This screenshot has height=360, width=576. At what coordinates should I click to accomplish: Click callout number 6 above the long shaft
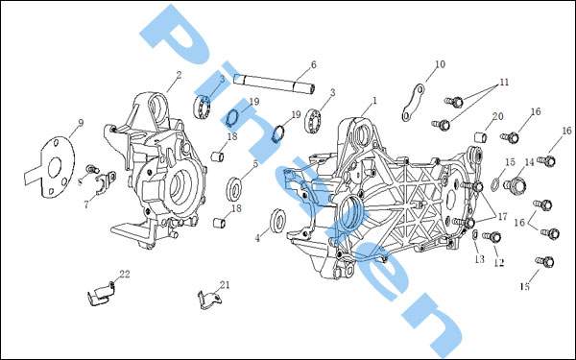[313, 64]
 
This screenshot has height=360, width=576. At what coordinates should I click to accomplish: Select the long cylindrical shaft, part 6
[276, 83]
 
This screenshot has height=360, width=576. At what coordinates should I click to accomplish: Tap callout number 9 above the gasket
[81, 123]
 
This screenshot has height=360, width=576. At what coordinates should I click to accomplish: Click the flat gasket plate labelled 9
[52, 167]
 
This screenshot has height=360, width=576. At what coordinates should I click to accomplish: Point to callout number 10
[440, 64]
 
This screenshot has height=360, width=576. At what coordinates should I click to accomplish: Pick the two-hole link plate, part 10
[413, 103]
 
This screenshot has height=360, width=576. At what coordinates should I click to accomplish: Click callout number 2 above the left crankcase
[179, 75]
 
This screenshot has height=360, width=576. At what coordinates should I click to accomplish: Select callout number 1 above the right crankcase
[374, 100]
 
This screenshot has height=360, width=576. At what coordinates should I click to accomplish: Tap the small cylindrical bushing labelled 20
[481, 136]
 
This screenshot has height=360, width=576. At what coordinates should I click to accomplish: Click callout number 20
[497, 116]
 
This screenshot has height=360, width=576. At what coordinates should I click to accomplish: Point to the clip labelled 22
[101, 295]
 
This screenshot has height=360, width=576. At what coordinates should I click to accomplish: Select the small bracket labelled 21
[210, 300]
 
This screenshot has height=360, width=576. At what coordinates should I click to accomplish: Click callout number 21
[225, 285]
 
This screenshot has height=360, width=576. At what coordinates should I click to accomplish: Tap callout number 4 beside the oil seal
[257, 238]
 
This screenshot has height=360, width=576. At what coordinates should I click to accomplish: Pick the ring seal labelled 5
[234, 188]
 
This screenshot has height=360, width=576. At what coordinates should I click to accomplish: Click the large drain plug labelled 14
[515, 185]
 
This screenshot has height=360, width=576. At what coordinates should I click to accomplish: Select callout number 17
[502, 216]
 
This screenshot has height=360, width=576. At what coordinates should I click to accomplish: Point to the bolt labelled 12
[492, 237]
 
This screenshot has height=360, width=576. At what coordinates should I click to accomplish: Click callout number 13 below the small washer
[479, 259]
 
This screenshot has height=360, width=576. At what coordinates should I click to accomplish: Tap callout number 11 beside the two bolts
[504, 83]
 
